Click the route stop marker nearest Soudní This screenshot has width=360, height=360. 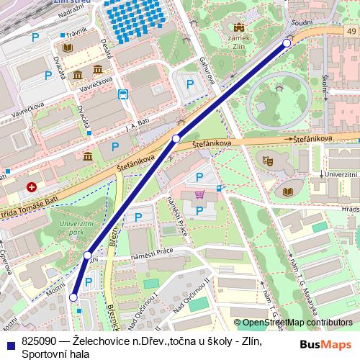[x=287, y=43]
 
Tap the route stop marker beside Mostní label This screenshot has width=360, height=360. [x=73, y=297]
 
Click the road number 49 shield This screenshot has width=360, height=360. [x=351, y=30]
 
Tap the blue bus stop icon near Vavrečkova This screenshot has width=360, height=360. [x=123, y=94]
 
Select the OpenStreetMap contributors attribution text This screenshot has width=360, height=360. [x=297, y=323]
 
